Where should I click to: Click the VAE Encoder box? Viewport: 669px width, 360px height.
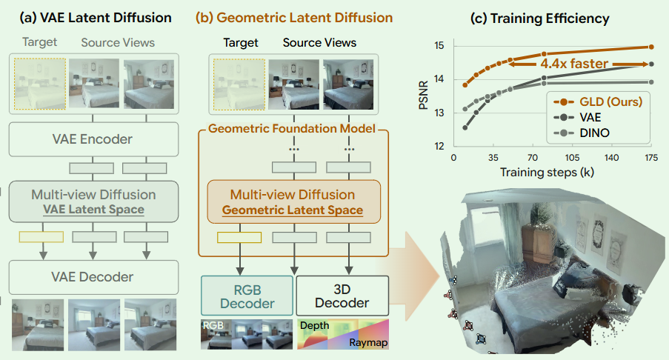93,139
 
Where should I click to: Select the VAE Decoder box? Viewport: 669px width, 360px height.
93,277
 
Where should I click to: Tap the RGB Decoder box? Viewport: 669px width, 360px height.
247,296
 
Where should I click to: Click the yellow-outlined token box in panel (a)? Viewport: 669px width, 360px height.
41,236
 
